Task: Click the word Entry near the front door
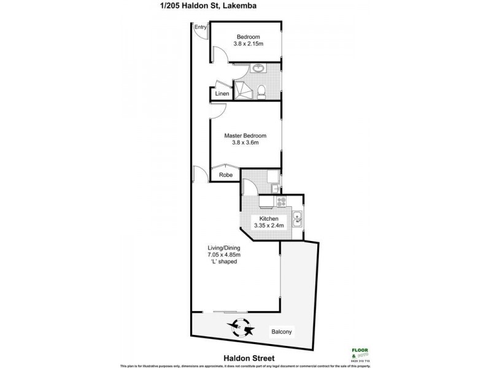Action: pyautogui.click(x=200, y=28)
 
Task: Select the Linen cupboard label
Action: pyautogui.click(x=222, y=94)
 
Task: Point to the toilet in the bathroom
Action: pyautogui.click(x=262, y=92)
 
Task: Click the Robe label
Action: pyautogui.click(x=225, y=175)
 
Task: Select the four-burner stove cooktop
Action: pyautogui.click(x=282, y=201)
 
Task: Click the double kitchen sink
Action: pyautogui.click(x=296, y=219)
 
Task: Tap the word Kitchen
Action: pyautogui.click(x=269, y=219)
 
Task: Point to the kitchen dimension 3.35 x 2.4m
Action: pyautogui.click(x=269, y=226)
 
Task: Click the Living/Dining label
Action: pyautogui.click(x=223, y=248)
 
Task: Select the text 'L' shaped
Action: pyautogui.click(x=223, y=262)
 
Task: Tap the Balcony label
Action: pyautogui.click(x=282, y=332)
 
